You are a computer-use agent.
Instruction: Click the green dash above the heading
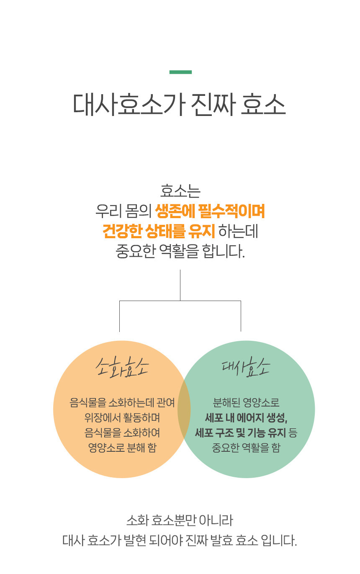click(180, 72)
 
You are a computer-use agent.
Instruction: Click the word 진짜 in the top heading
click(213, 105)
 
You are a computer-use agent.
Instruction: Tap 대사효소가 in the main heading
click(129, 105)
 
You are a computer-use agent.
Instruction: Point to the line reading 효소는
click(180, 191)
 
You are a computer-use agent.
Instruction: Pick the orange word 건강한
click(122, 231)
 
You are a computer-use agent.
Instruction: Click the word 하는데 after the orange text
click(238, 231)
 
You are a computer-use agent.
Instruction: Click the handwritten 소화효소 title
click(122, 368)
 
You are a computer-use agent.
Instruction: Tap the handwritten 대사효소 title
click(246, 367)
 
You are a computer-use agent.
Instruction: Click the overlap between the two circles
click(184, 409)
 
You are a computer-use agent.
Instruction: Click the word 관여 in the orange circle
click(165, 403)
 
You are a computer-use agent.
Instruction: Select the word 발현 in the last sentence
click(135, 541)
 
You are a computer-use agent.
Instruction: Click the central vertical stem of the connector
click(180, 285)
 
